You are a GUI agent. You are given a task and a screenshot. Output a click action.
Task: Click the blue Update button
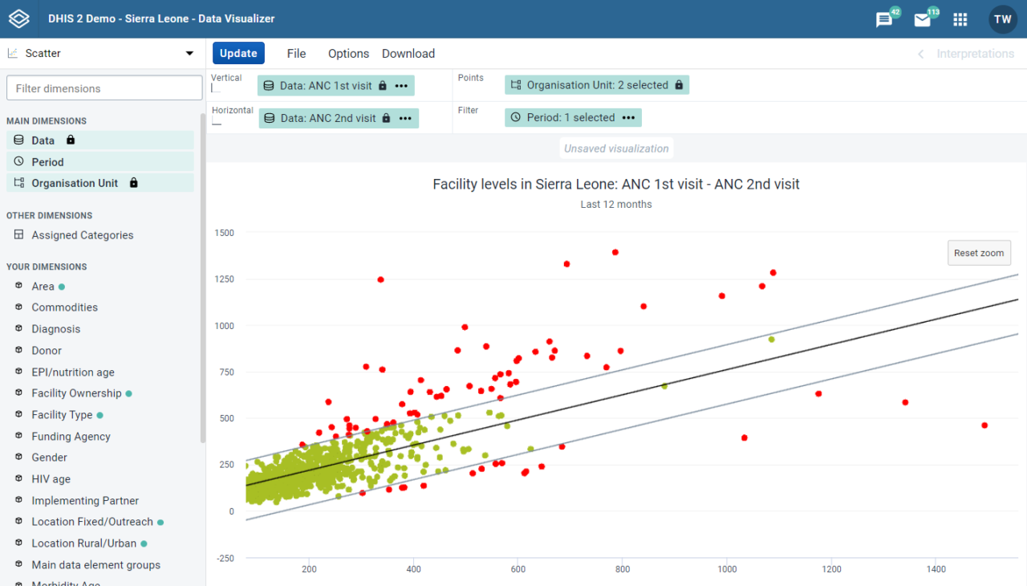tap(238, 54)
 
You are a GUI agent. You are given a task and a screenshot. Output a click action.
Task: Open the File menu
tap(296, 54)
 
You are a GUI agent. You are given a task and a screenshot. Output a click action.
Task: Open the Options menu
tap(348, 54)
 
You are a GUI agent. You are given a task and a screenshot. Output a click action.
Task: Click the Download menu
tap(408, 54)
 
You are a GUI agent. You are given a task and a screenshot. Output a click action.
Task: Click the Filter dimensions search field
tap(104, 88)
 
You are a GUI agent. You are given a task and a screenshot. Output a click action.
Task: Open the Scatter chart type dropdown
tap(103, 54)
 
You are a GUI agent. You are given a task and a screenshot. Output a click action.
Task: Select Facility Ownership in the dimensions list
tap(76, 393)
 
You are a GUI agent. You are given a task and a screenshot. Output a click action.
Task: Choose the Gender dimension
tap(49, 458)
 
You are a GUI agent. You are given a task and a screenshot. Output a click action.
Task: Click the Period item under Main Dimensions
tap(47, 161)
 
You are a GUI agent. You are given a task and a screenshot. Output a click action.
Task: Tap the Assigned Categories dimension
tap(82, 235)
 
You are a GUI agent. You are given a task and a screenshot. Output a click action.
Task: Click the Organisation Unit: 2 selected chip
tap(597, 85)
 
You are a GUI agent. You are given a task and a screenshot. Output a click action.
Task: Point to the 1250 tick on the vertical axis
tap(224, 279)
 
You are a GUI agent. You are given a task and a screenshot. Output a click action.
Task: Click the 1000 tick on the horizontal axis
tap(727, 569)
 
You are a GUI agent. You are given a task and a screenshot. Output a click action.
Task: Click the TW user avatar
tap(1003, 19)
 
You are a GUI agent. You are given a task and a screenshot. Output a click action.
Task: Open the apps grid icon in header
tap(960, 19)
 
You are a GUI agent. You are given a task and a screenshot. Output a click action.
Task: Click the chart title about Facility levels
tap(615, 185)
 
